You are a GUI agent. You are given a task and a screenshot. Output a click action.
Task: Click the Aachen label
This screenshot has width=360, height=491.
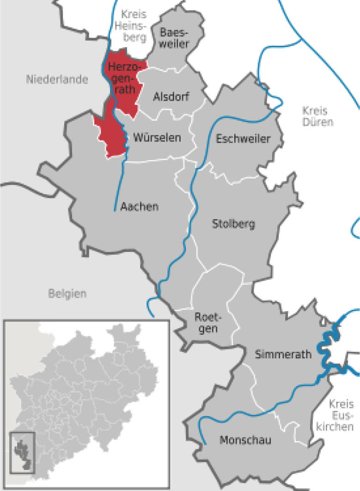pos(139,206)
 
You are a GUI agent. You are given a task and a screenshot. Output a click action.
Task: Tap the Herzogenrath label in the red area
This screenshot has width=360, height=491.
pos(122,78)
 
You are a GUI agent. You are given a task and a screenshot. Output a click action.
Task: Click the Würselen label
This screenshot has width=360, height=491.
pos(157,137)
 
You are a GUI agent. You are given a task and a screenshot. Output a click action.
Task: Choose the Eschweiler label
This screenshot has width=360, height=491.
pos(243,138)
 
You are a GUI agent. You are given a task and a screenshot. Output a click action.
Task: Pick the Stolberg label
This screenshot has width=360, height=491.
pos(233,225)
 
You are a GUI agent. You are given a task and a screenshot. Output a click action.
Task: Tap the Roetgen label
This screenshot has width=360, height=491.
pos(204,323)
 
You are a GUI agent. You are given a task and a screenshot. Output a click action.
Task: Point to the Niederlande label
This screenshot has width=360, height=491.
pos(57,80)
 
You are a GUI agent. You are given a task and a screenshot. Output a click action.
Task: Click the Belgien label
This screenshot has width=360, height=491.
pos(67,293)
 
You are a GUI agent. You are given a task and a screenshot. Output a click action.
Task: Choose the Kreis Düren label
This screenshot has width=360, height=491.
pos(315,117)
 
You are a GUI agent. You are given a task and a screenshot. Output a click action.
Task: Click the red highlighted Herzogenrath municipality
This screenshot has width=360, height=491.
pos(111,134)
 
